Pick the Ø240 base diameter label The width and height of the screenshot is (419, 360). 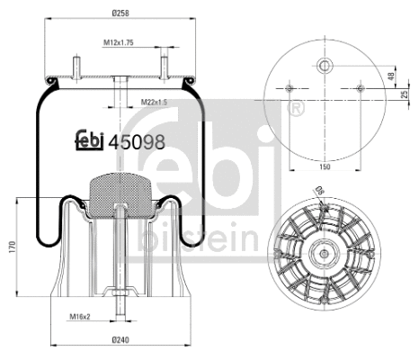coord(120,339)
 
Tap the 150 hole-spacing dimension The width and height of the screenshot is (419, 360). coord(324,166)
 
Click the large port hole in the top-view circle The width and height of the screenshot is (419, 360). coord(324,65)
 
